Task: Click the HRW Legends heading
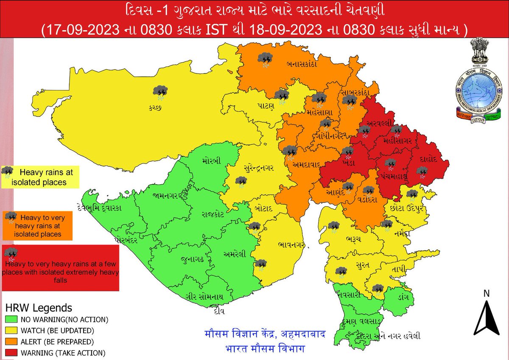[39, 308]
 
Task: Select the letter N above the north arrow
[486, 293]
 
